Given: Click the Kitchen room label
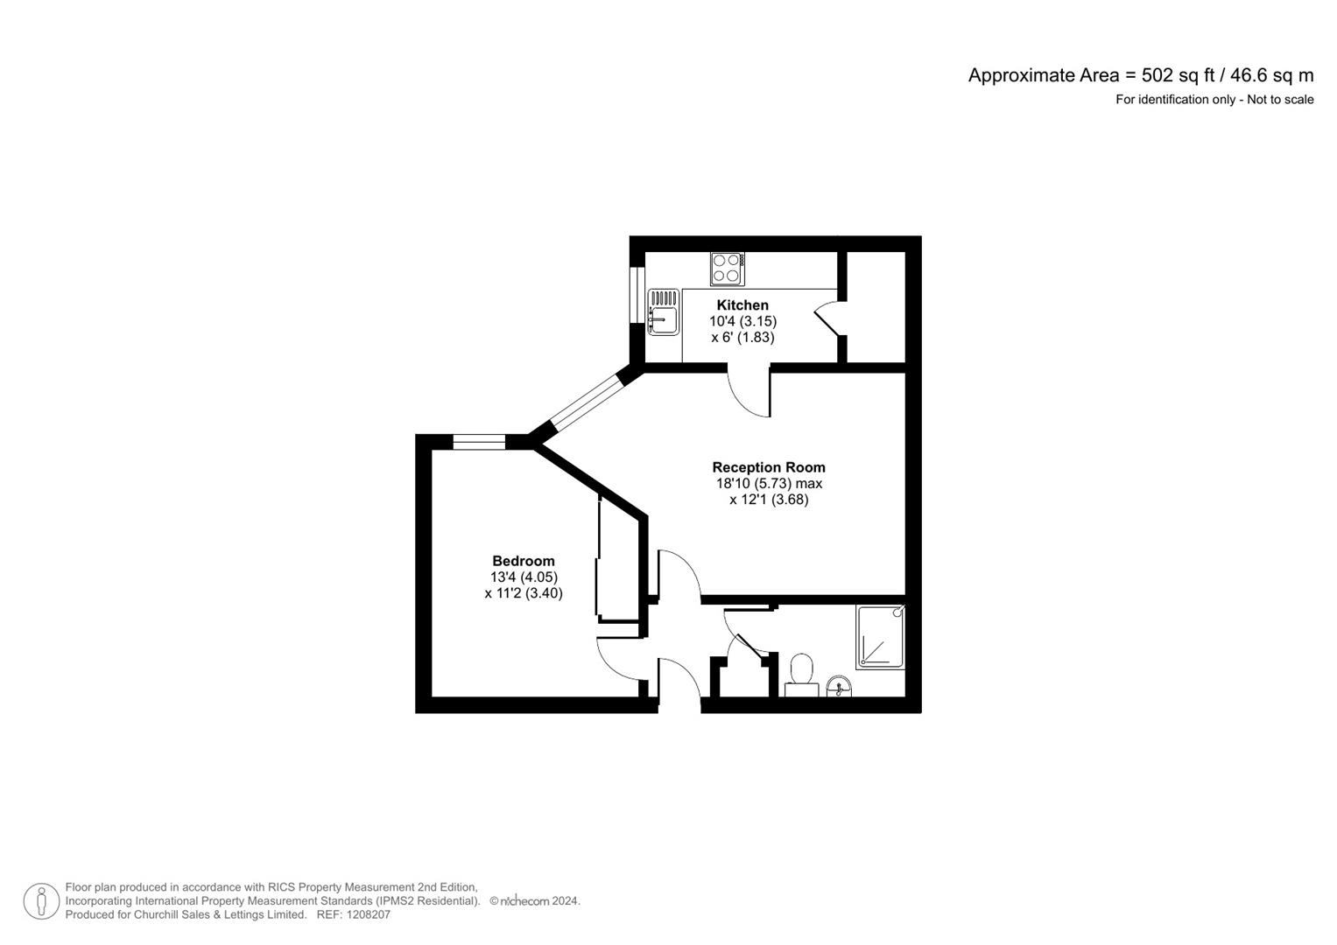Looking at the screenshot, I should pyautogui.click(x=742, y=304).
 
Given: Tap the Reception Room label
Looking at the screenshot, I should pyautogui.click(x=768, y=467).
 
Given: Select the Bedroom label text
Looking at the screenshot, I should pyautogui.click(x=523, y=561).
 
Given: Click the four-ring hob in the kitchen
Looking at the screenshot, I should pyautogui.click(x=727, y=269).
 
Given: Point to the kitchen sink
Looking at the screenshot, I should pyautogui.click(x=664, y=312).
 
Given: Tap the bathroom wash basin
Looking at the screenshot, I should pyautogui.click(x=839, y=686).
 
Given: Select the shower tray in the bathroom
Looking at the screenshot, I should pyautogui.click(x=880, y=637).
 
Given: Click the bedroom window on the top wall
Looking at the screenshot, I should pyautogui.click(x=479, y=442).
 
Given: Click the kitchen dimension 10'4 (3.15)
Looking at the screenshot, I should pyautogui.click(x=742, y=321).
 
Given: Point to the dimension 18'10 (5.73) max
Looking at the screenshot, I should pyautogui.click(x=768, y=483).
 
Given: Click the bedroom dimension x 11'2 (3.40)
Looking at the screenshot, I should pyautogui.click(x=523, y=593).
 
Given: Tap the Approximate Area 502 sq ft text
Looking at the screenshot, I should pyautogui.click(x=1140, y=75).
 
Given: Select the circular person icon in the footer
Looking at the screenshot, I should pyautogui.click(x=41, y=901).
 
